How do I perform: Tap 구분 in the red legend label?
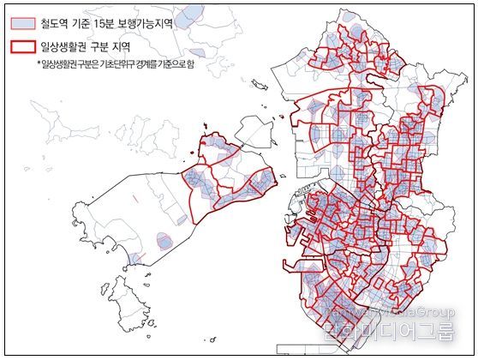[109, 48]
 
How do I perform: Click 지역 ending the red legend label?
[137, 48]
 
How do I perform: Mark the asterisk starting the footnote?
[39, 65]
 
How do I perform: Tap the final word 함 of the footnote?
[190, 65]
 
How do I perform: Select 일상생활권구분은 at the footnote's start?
[68, 65]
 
